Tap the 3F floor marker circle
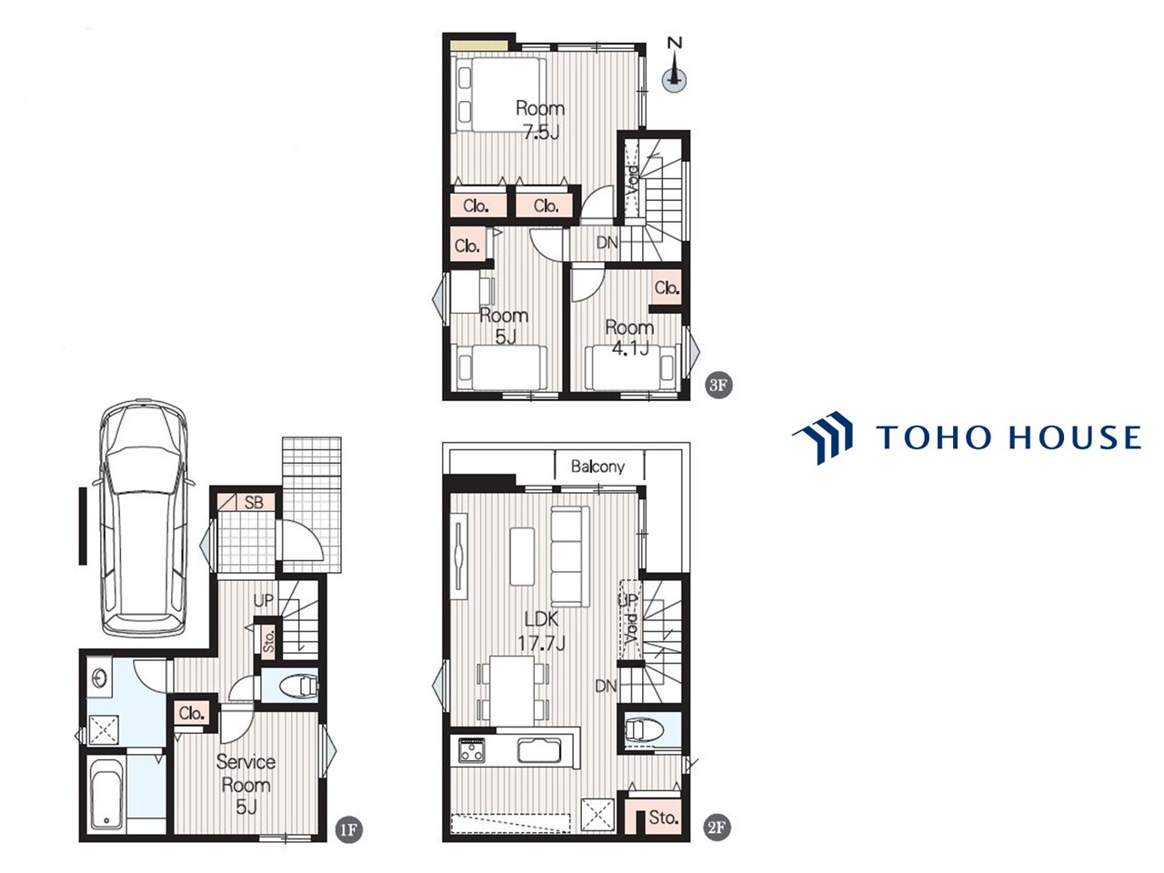click(718, 385)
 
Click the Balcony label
click(597, 467)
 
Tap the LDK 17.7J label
click(541, 631)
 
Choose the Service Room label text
click(246, 773)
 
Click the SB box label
click(254, 502)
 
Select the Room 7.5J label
click(540, 120)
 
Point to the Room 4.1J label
click(630, 337)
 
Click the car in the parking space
click(143, 518)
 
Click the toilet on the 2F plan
click(645, 731)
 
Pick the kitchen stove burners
click(471, 751)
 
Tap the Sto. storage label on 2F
click(663, 818)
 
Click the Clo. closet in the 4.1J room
click(667, 288)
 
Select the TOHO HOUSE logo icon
click(822, 437)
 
